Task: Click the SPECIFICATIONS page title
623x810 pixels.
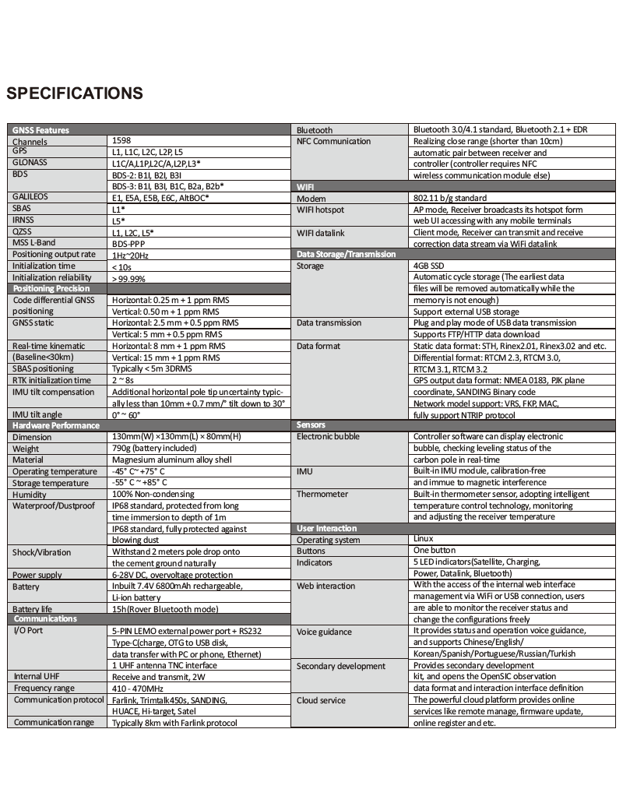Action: (75, 94)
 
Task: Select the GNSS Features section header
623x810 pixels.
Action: (40, 130)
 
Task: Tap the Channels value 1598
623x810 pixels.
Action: (121, 141)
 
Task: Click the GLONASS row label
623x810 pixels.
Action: (30, 163)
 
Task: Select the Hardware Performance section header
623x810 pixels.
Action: (56, 425)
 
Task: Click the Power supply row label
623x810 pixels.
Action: (37, 576)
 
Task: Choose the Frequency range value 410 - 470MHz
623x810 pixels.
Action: (138, 688)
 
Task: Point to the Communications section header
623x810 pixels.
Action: (45, 618)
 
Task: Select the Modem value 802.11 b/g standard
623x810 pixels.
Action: (449, 199)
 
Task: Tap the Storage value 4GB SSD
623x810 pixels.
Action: (431, 266)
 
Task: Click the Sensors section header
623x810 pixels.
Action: (311, 425)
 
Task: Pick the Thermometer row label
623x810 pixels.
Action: (322, 495)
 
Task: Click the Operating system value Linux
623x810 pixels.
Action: (423, 539)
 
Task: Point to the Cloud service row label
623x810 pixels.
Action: (321, 700)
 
